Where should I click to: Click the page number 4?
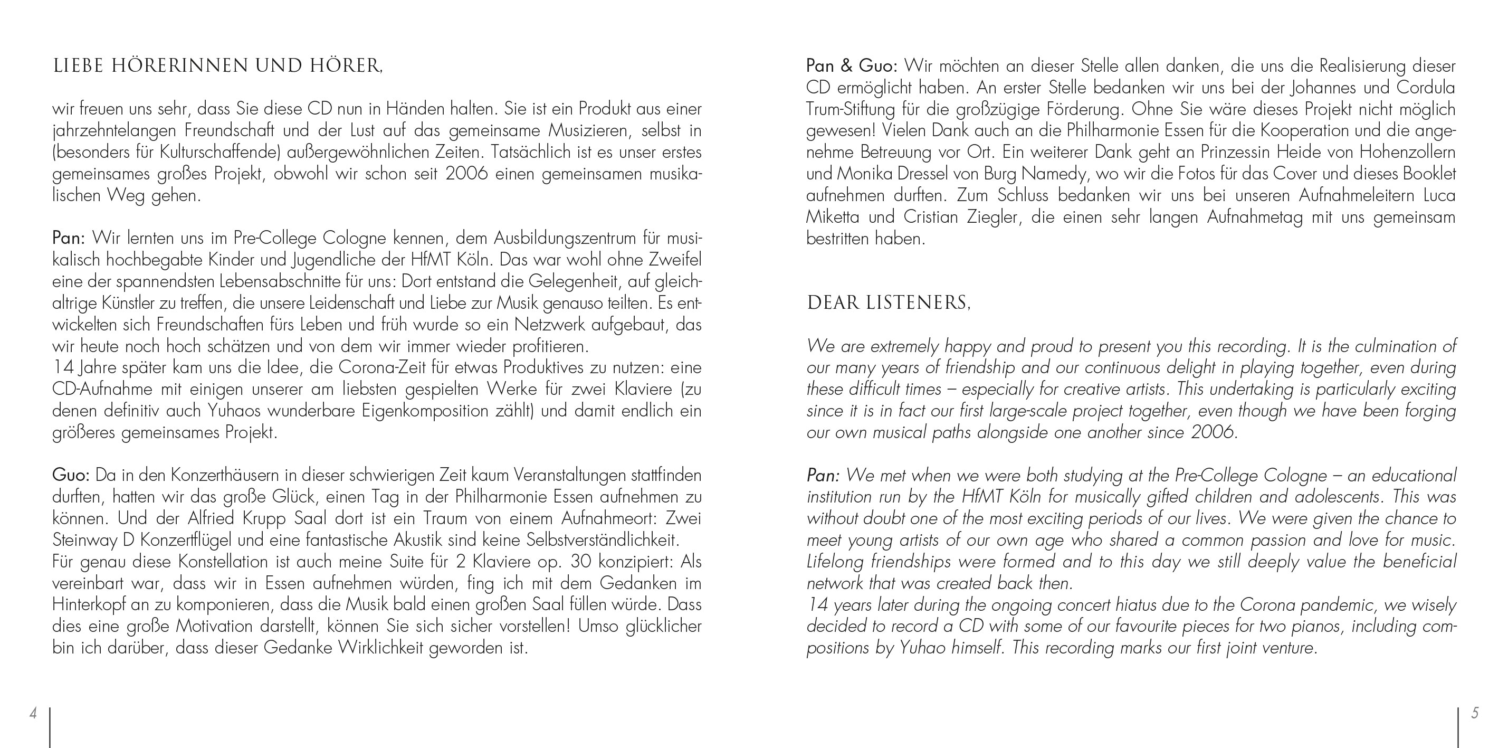click(x=33, y=713)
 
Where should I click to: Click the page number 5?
click(x=1475, y=713)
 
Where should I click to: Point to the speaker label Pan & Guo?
click(x=852, y=66)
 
